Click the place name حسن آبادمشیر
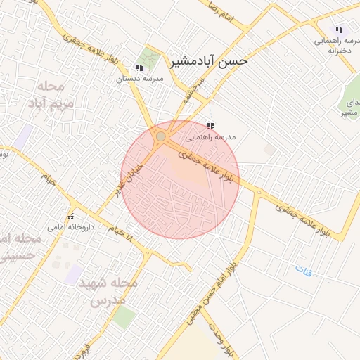pos(210,61)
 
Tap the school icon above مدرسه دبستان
pos(139,68)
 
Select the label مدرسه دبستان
pos(139,79)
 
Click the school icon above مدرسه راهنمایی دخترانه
pos(339,30)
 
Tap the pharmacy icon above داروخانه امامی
pos(70,216)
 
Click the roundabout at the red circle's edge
pos(161,136)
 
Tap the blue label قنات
pos(303,270)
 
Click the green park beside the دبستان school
pos(148,56)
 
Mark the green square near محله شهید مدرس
pos(123,317)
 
